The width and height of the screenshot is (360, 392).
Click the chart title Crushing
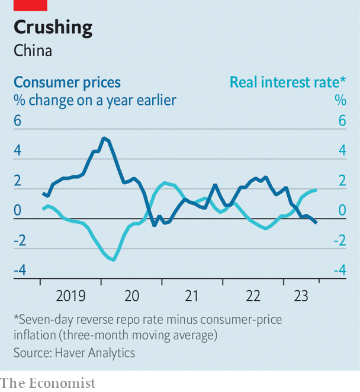[53, 27]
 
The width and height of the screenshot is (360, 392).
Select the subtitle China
[33, 50]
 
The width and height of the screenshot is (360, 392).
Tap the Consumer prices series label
[67, 82]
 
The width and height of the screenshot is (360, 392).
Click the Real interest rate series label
[288, 82]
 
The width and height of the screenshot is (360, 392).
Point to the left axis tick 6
[18, 120]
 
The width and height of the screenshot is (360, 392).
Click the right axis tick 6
[342, 120]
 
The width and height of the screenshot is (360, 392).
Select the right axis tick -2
[339, 240]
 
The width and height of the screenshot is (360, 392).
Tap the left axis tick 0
[18, 210]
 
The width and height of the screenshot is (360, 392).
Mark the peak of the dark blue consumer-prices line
[104, 138]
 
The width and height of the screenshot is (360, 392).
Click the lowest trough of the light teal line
[114, 259]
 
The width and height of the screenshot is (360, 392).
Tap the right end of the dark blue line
[316, 223]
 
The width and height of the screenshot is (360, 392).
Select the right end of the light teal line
[316, 189]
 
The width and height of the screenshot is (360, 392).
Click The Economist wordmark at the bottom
[48, 383]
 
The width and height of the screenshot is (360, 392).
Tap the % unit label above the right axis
[340, 100]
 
